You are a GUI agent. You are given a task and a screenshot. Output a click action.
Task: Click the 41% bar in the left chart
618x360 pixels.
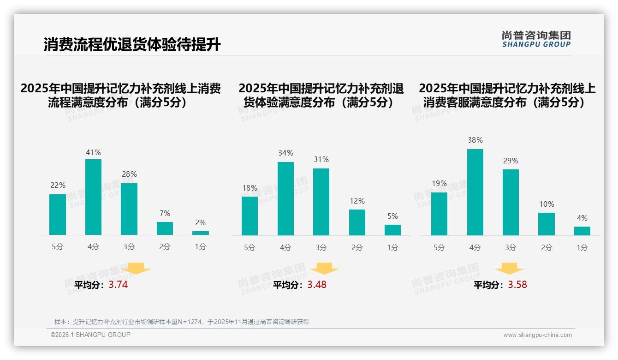[94, 197]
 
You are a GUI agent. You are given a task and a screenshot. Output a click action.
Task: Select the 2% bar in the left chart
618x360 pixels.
[201, 233]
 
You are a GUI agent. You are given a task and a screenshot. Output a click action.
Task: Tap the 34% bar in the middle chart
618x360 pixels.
[285, 198]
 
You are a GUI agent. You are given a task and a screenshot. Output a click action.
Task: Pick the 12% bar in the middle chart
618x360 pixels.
[357, 222]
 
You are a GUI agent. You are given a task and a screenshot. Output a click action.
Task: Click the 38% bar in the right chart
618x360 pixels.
[475, 192]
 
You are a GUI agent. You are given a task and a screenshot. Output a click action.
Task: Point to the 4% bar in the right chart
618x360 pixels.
[582, 231]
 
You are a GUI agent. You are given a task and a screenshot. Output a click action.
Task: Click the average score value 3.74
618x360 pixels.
[118, 285]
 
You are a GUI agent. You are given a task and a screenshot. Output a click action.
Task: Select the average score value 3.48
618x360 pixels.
[317, 285]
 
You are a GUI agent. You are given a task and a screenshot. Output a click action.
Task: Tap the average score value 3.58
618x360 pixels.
[517, 285]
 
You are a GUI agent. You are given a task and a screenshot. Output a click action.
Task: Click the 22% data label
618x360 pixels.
[58, 185]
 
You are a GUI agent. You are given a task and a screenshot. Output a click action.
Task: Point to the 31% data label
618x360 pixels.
[321, 159]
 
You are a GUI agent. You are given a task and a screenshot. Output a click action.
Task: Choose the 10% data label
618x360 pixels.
[547, 204]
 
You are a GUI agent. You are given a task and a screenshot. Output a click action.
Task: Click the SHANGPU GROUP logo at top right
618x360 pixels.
[536, 39]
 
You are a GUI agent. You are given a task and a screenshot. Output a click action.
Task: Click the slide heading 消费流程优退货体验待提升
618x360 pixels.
[132, 45]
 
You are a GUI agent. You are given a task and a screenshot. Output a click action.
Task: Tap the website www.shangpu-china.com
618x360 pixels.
[537, 335]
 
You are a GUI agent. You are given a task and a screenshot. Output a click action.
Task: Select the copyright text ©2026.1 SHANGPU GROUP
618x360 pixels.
[90, 335]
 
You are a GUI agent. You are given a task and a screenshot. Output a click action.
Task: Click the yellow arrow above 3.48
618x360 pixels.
[324, 269]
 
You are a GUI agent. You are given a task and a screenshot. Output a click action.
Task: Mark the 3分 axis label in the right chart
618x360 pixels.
[511, 248]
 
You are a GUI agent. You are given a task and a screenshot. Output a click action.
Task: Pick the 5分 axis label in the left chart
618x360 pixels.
[58, 247]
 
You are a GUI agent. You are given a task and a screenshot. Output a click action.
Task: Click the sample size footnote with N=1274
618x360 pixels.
[182, 322]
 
